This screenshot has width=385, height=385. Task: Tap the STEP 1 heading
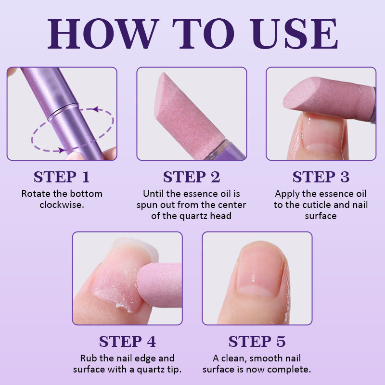point(62,177)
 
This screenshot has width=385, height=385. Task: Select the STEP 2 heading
point(192,177)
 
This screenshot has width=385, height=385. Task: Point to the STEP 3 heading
point(321,177)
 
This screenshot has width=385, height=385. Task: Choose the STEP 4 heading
point(127,341)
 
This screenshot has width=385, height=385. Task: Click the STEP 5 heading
point(257,341)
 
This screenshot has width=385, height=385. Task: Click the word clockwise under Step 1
point(62,205)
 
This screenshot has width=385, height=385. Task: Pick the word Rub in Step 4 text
point(89,359)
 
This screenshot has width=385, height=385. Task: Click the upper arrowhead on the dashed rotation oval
point(96,110)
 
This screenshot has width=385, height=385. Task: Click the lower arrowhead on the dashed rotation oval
point(60,150)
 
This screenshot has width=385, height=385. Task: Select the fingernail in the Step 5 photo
point(262,272)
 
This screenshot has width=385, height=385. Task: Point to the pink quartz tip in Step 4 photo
point(159,284)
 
